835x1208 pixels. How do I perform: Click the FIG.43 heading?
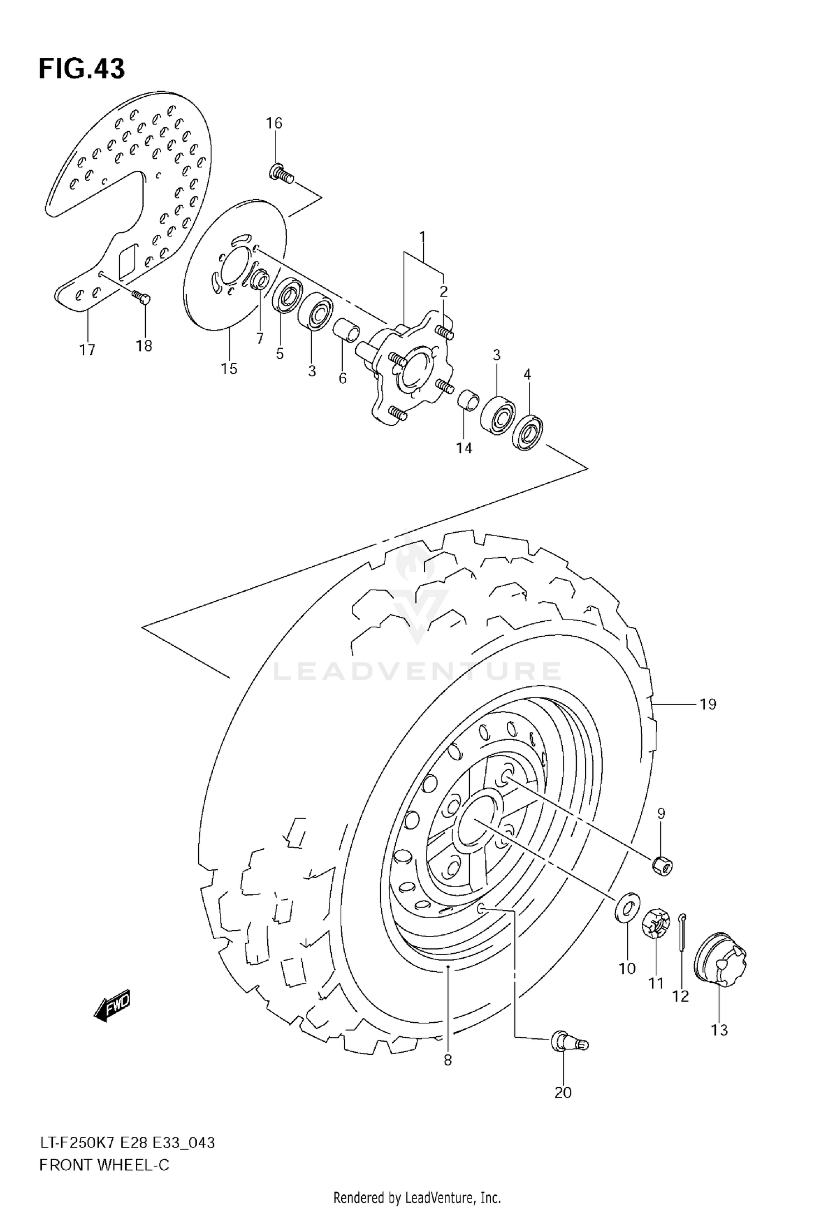coord(82,69)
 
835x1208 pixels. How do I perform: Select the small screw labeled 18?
coord(141,298)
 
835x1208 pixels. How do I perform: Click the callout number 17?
coord(87,350)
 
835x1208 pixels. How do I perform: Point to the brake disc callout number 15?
coord(229,368)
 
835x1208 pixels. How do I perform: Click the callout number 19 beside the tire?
coord(708,705)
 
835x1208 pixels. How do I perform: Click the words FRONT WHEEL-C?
coord(104,1165)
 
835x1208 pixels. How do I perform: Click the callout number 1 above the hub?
coord(423,238)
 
